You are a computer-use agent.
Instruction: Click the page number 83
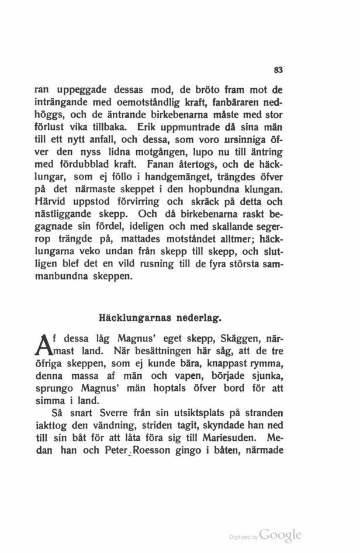tap(278, 70)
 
